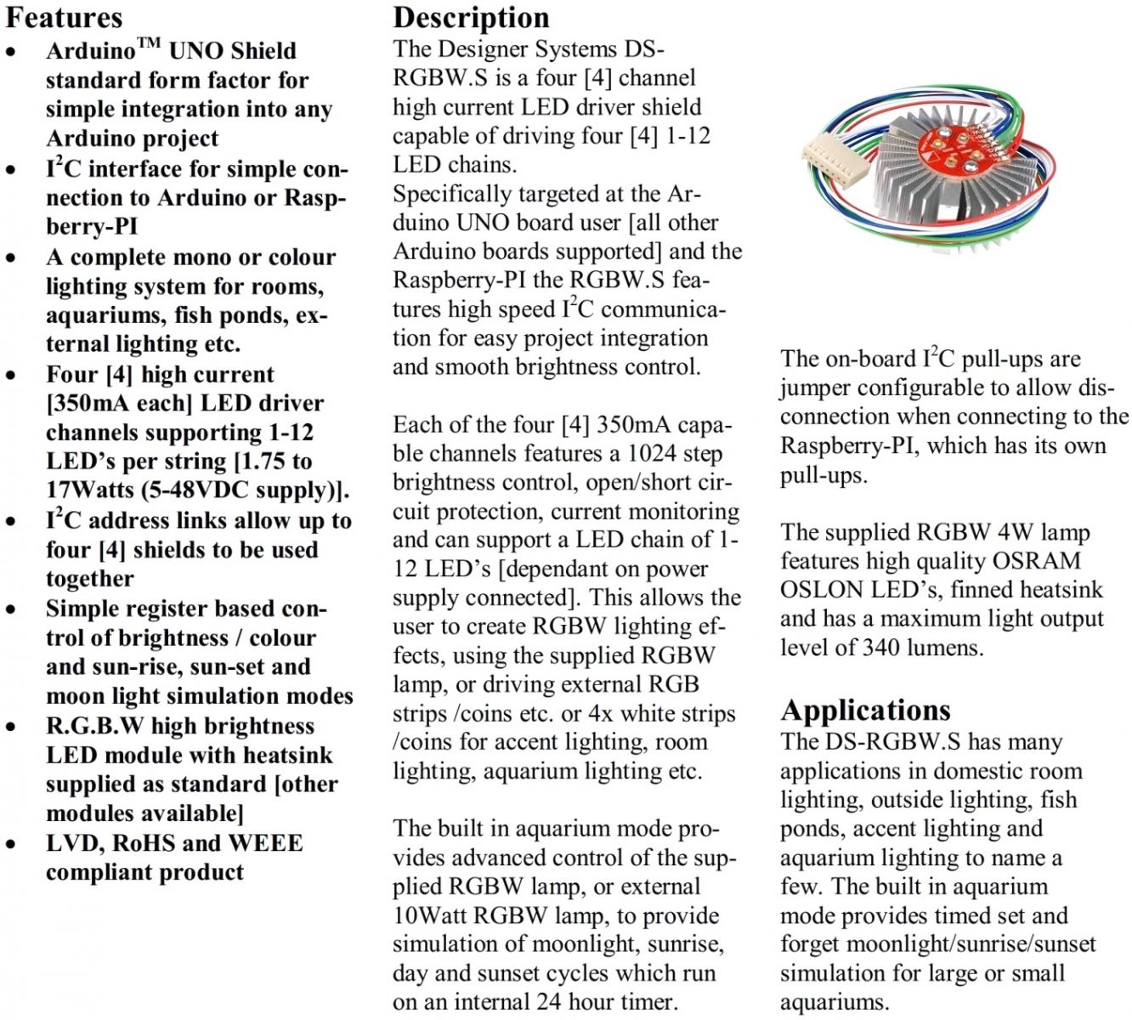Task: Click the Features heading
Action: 64,18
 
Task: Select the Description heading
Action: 471,18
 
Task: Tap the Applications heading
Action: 865,710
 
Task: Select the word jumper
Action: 815,388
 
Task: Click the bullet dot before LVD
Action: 11,845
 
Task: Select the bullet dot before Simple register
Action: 11,610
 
